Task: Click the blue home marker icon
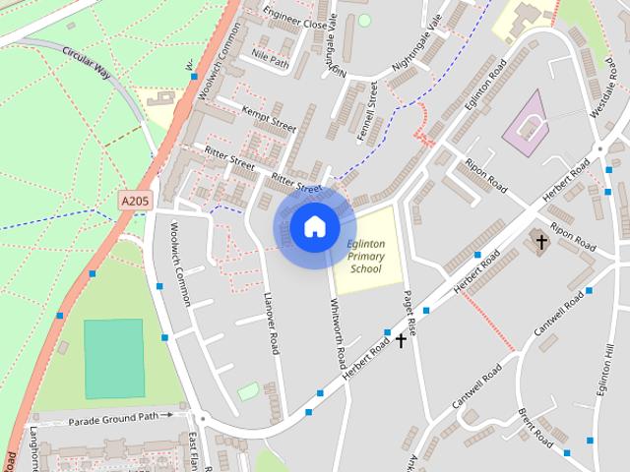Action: tap(314, 227)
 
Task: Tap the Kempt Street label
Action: tap(269, 122)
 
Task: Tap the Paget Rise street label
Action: tap(409, 313)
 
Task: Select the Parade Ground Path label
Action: tap(113, 418)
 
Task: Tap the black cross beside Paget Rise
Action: tap(401, 340)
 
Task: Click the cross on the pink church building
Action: tap(539, 240)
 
